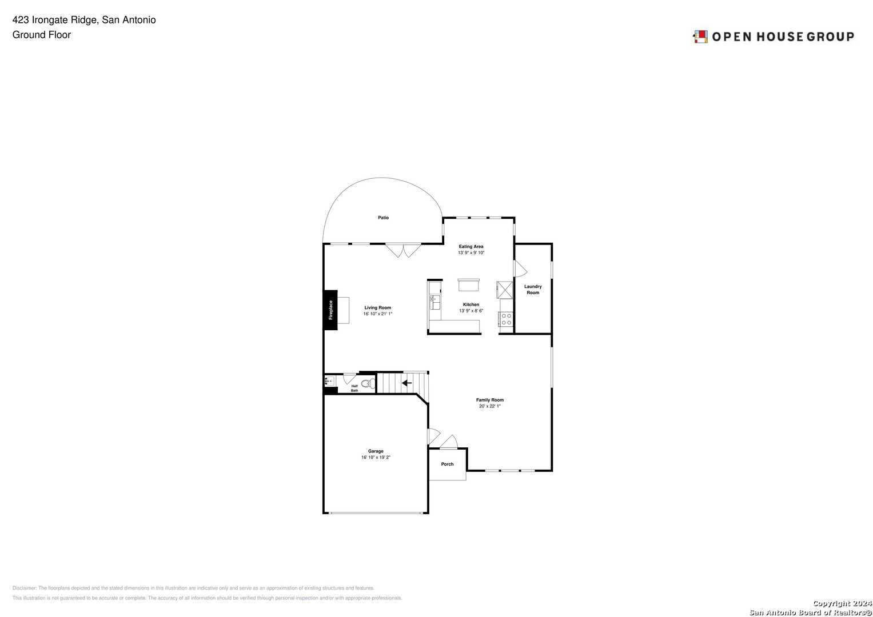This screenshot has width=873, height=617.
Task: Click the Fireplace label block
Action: (x=330, y=310)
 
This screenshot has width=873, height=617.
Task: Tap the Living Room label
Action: (x=378, y=308)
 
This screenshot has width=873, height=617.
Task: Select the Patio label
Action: (x=383, y=218)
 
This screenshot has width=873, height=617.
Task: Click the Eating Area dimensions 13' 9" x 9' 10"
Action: (x=471, y=253)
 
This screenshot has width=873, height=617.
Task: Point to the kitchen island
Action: (x=468, y=285)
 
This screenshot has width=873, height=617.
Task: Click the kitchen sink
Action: (x=434, y=302)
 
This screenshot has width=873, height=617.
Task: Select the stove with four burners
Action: (x=506, y=319)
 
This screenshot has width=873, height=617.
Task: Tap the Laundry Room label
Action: (x=533, y=290)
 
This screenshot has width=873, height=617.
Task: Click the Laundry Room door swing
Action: (x=520, y=269)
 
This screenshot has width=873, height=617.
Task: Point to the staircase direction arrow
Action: (x=406, y=383)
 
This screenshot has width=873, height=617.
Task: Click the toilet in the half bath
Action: (x=368, y=383)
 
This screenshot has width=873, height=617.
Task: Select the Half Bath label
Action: (x=354, y=388)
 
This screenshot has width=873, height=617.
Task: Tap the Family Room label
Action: (x=490, y=400)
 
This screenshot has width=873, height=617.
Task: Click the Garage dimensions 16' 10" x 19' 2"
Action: (x=376, y=458)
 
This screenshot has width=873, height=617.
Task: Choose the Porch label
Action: (x=447, y=464)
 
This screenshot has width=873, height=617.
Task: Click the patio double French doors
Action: (x=403, y=250)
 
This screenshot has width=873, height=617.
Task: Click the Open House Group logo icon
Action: (x=700, y=37)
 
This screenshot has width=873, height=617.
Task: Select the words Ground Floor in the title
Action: (x=42, y=35)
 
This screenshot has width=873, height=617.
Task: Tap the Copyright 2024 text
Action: (x=842, y=603)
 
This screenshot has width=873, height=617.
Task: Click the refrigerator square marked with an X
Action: (x=505, y=290)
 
